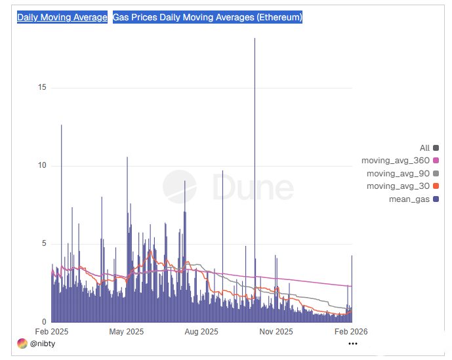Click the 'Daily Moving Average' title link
pos(62,18)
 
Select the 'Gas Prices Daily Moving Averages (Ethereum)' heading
pos(207,18)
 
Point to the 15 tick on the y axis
pos(42,87)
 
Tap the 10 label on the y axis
pos(42,165)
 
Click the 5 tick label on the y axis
pos(44,244)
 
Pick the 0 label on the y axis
pos(44,322)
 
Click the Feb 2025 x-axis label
pos(51,332)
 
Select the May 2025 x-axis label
pos(126,332)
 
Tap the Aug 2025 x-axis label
pos(201,332)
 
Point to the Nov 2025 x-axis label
pos(276,332)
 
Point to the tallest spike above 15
pos(255,41)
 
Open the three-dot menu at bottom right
pos(353,343)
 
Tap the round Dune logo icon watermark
pos(179,187)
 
